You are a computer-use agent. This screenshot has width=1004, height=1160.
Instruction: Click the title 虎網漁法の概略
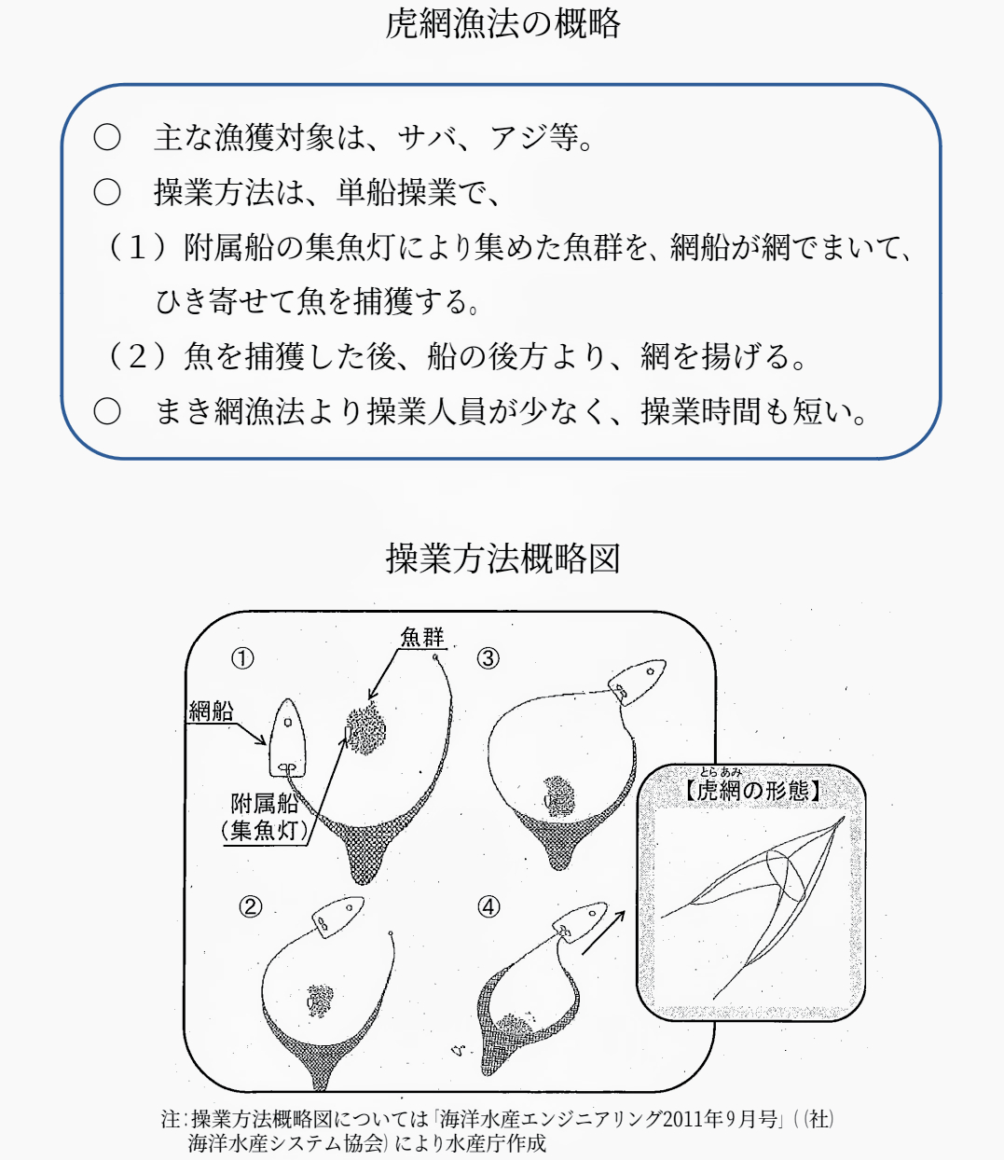pos(502,25)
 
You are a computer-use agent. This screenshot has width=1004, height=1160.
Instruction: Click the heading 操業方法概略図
pos(502,559)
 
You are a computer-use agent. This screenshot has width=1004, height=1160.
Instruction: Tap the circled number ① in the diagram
pos(242,659)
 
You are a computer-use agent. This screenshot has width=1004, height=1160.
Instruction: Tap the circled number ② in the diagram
pos(250,906)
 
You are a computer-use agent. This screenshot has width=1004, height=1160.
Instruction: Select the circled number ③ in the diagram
pos(488,658)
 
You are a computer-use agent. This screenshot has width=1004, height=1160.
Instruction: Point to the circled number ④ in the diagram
pos(488,906)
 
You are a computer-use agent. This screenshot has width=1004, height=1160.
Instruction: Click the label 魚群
pos(422,638)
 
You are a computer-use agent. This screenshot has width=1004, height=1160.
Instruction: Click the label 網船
pos(211,711)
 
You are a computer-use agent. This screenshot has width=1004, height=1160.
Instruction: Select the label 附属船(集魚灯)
pos(265,817)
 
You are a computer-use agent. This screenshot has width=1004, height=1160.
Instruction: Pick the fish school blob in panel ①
pos(366,730)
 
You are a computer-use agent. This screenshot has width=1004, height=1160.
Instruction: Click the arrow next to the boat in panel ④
pos(602,932)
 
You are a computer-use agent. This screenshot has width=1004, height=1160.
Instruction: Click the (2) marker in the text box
pos(137,356)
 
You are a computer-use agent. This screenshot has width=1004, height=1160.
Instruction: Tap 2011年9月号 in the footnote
pos(720,1119)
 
